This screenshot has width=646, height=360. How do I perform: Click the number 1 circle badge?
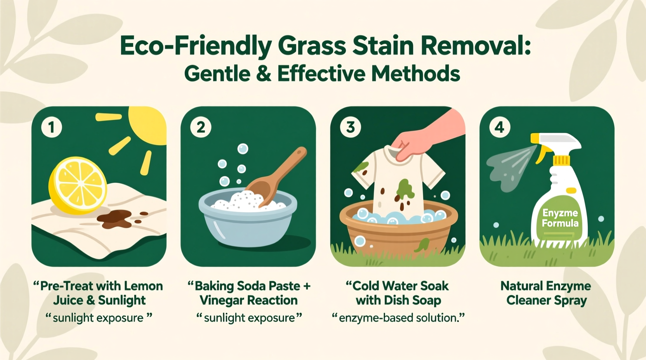click(52, 127)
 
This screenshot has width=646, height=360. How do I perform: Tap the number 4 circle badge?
click(500, 127)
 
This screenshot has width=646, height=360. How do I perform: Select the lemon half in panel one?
click(78, 185)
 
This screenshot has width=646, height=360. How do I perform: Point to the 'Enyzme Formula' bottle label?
click(560, 218)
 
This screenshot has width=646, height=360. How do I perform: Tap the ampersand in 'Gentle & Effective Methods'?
click(264, 73)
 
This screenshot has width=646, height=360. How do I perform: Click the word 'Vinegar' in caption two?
click(221, 300)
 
